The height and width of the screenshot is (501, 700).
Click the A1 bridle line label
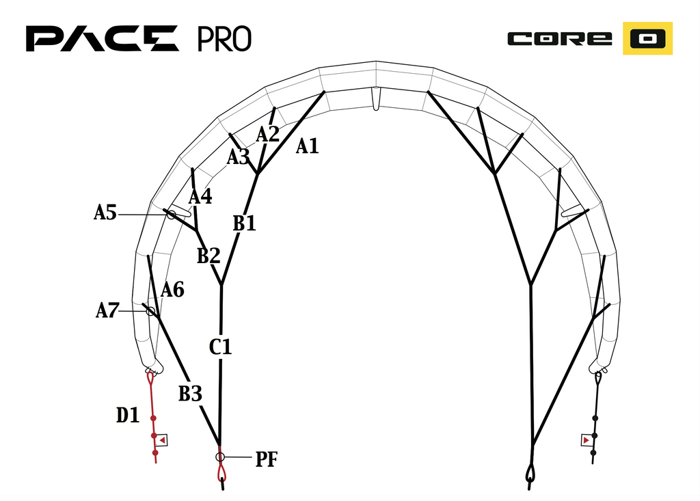coord(307,146)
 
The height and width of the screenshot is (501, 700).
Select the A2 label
coord(267,134)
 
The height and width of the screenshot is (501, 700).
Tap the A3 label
coord(239,157)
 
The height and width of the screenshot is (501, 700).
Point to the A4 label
coord(200,196)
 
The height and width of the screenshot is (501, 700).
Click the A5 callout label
coord(105,213)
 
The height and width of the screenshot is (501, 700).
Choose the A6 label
coord(172,290)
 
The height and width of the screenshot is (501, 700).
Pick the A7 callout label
coord(107,310)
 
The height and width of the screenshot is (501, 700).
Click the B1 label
coord(245,224)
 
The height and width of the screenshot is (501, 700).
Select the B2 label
coord(209,256)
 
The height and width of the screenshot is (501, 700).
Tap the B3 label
coord(190,394)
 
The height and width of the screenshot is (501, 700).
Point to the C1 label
coord(221,347)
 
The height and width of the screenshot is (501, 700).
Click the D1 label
coord(128,416)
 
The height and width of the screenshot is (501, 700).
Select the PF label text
coord(267,459)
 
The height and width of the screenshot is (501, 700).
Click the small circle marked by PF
coord(220,457)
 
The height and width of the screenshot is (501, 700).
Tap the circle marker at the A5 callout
coord(172,215)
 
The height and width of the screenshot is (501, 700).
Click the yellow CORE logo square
coord(648,38)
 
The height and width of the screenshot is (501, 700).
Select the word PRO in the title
coord(224,39)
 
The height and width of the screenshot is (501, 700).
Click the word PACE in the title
coord(103,38)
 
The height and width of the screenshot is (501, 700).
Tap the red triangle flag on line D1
coord(162,440)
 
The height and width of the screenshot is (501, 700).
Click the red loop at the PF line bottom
coord(221,472)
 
